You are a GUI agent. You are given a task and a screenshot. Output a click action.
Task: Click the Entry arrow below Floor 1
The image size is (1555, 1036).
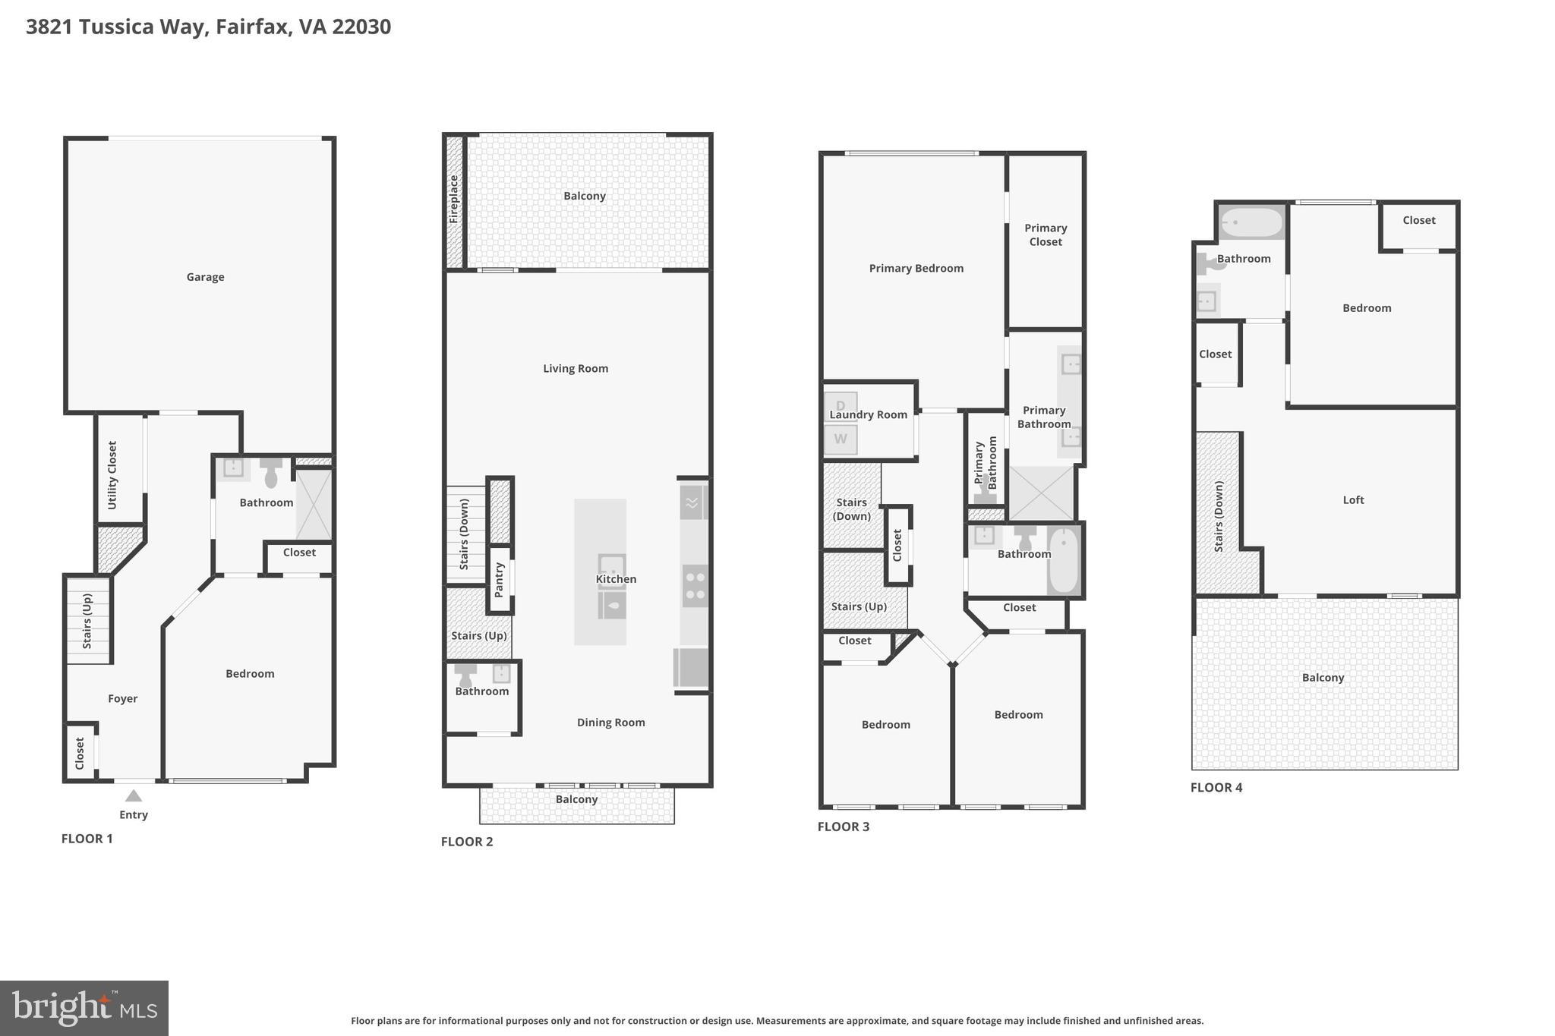(134, 795)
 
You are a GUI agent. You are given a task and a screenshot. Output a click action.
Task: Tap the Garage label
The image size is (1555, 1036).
(205, 277)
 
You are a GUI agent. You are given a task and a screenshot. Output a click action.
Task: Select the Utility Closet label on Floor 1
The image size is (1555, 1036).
(112, 475)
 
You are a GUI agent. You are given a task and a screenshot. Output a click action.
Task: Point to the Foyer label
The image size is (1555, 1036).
(122, 698)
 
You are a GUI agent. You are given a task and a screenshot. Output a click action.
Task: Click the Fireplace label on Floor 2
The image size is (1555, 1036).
(454, 199)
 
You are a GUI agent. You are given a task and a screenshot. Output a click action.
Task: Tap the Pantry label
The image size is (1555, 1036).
(499, 580)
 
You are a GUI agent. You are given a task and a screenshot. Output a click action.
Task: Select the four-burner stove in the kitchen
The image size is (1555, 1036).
(695, 585)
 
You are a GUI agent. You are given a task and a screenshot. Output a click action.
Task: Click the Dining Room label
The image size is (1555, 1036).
(610, 722)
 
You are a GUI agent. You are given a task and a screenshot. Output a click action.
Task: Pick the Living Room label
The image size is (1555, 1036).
(575, 368)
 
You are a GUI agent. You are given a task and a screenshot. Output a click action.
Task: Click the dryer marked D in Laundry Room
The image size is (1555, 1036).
(841, 405)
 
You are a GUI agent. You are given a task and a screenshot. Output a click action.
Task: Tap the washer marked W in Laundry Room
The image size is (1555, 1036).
(841, 439)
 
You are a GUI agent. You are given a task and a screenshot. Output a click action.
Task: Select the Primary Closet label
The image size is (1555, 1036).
(1045, 235)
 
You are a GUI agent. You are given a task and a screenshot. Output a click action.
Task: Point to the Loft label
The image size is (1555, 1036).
(1353, 499)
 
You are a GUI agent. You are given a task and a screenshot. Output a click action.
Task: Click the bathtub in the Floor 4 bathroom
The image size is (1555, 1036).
(1251, 222)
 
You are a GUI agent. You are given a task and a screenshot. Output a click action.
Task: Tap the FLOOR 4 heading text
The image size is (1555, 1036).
(1216, 787)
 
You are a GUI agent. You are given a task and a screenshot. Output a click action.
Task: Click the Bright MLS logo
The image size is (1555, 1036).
(84, 1008)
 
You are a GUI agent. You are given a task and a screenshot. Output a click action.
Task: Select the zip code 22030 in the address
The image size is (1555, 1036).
(361, 27)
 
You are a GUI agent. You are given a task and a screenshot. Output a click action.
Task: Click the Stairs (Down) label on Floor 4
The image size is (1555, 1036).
(1219, 516)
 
